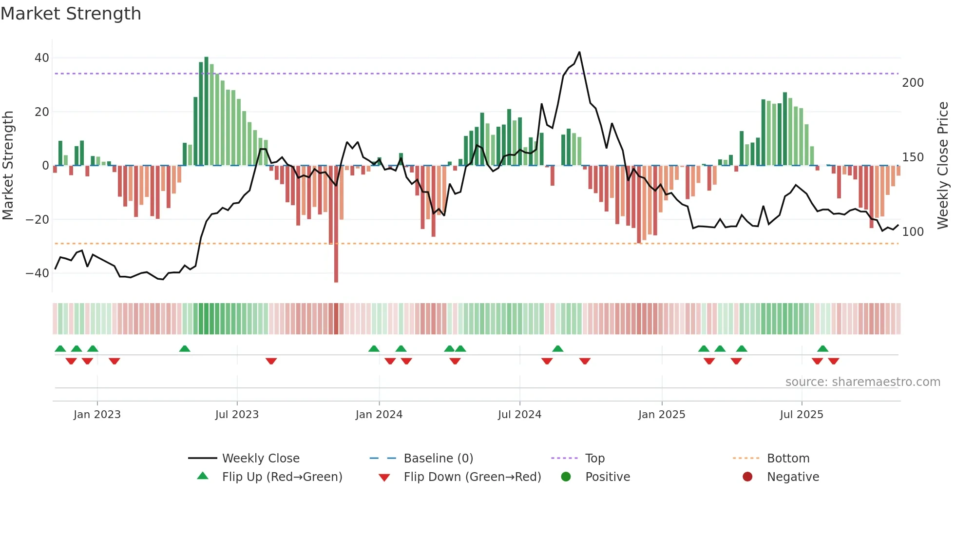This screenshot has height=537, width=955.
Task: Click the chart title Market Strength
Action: [x=71, y=14]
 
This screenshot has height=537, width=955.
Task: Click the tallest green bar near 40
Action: [x=206, y=111]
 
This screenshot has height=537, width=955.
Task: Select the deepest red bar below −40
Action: [x=336, y=224]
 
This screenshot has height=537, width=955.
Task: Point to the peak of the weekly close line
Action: [x=579, y=52]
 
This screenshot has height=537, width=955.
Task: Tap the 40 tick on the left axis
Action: [x=42, y=58]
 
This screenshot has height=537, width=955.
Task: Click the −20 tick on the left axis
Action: [x=38, y=220]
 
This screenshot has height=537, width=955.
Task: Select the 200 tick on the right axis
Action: [x=913, y=83]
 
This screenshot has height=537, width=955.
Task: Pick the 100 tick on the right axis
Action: [x=913, y=232]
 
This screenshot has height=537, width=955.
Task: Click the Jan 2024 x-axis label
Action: [x=379, y=415]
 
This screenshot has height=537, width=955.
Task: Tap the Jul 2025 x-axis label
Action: [x=801, y=415]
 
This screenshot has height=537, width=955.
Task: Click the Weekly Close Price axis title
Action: [x=943, y=165]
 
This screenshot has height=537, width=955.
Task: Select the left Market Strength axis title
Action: [x=8, y=165]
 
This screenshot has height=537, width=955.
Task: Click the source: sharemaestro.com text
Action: [x=862, y=382]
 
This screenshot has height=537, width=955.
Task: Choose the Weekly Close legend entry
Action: [x=260, y=459]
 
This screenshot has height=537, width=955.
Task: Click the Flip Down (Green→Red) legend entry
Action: [x=472, y=477]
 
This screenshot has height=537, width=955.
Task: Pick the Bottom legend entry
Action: [x=787, y=459]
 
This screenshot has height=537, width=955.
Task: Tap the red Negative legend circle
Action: [x=747, y=477]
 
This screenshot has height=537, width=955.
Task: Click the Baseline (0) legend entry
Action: [x=438, y=459]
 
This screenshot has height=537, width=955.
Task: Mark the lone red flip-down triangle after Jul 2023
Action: [x=271, y=361]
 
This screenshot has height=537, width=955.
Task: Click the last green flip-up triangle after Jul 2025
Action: [x=822, y=348]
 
